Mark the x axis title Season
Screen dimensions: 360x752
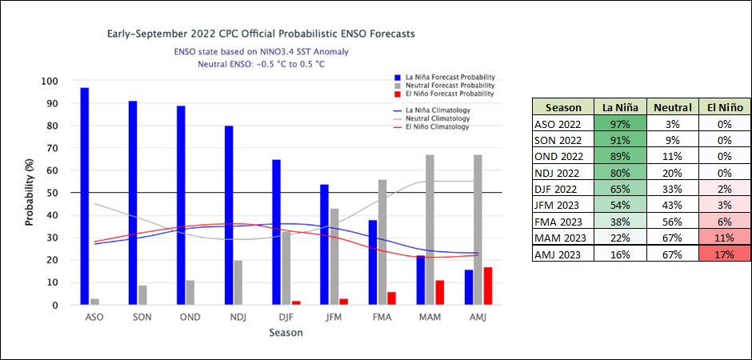tap(286, 333)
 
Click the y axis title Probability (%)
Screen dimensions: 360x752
tap(30, 192)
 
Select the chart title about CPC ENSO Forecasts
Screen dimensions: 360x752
tap(261, 35)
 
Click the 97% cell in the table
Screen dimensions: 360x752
tap(621, 123)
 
